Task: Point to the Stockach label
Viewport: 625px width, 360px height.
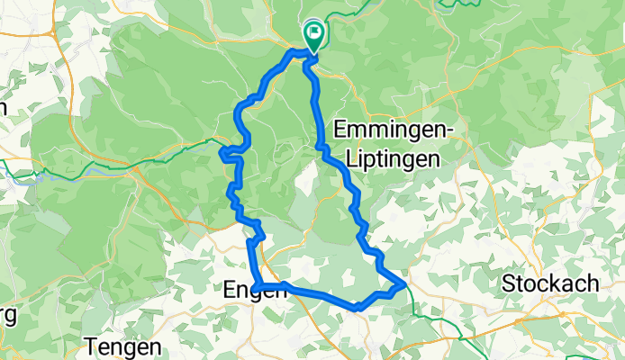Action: (549, 283)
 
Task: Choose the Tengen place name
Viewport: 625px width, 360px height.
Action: (123, 346)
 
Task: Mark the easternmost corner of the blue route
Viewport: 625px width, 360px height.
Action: (404, 285)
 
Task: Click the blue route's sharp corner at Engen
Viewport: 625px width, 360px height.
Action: (256, 287)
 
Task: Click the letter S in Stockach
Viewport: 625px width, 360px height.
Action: (507, 283)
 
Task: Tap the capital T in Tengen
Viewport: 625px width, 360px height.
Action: (91, 346)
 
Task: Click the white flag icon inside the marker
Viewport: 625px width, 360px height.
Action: (314, 34)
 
